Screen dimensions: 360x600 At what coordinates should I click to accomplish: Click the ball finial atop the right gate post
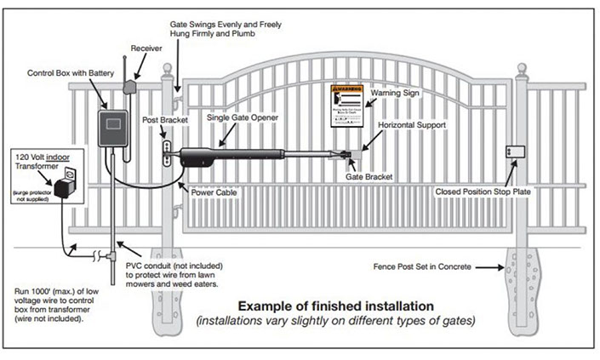pos(520,68)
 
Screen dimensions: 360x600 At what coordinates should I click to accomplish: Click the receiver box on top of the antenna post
pos(130,86)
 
